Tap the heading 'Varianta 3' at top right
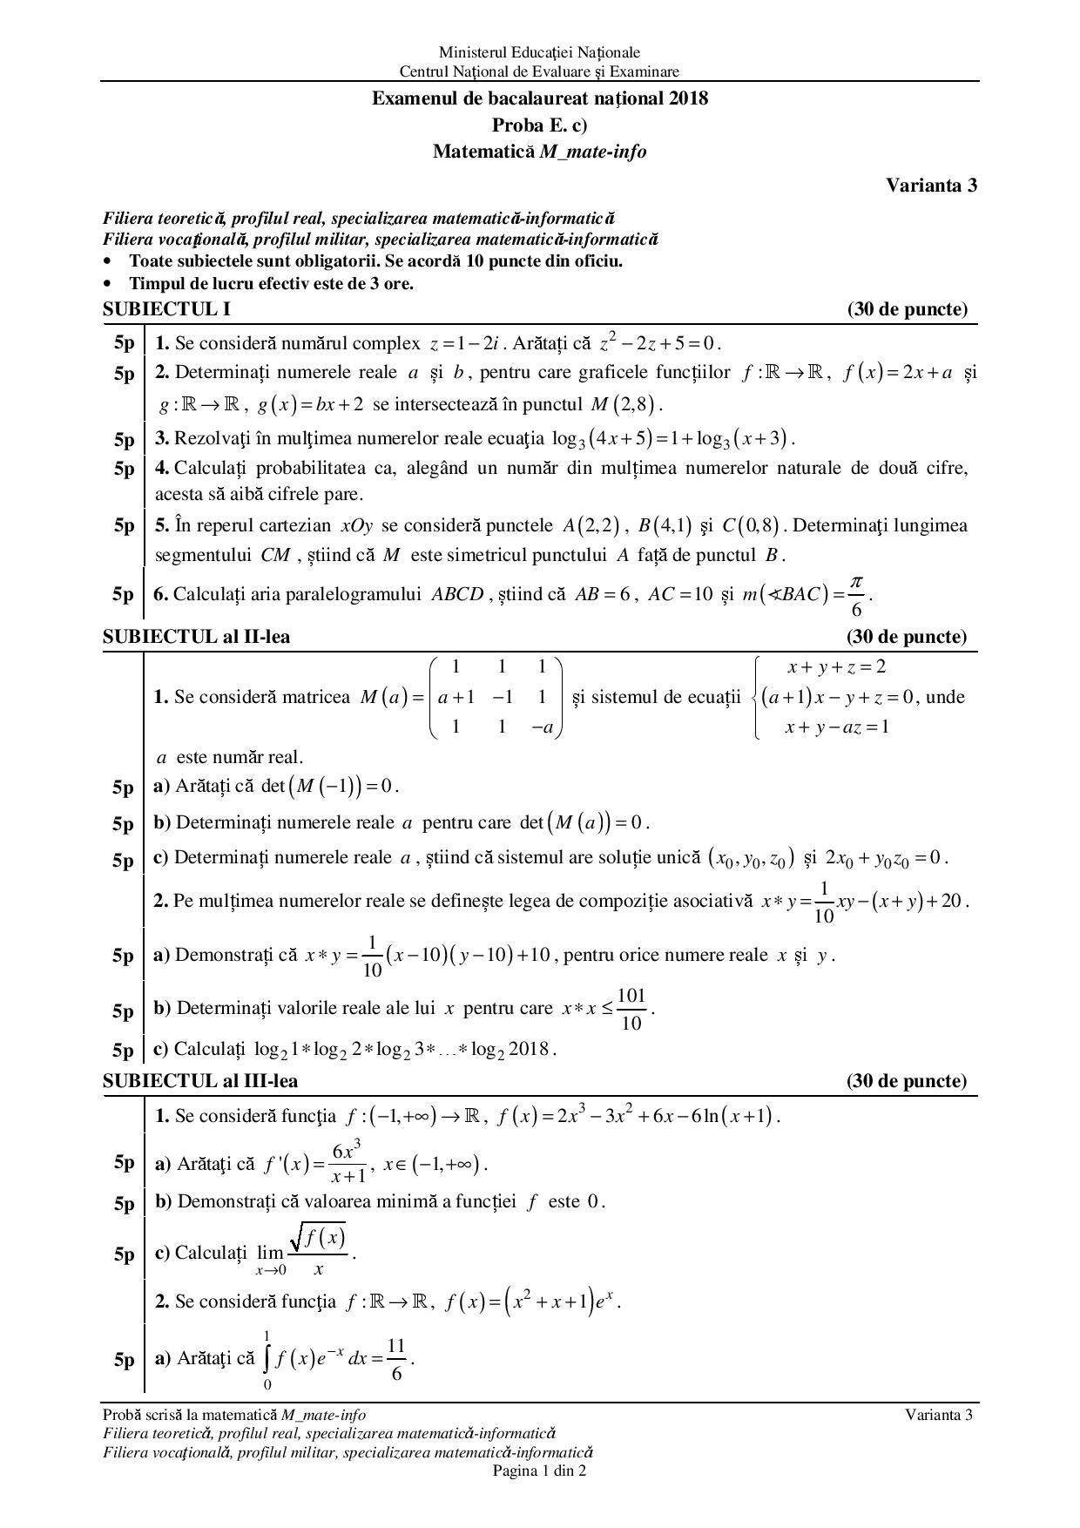[x=931, y=185]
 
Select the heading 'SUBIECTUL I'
[x=166, y=309]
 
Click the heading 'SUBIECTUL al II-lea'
[x=196, y=637]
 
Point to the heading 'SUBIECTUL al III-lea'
[x=200, y=1081]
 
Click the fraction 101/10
[x=631, y=1010]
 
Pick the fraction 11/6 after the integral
[x=396, y=1359]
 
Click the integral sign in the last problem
[x=267, y=1358]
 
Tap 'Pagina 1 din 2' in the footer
[x=539, y=1471]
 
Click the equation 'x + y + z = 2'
[x=836, y=667]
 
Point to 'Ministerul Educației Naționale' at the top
[x=539, y=53]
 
